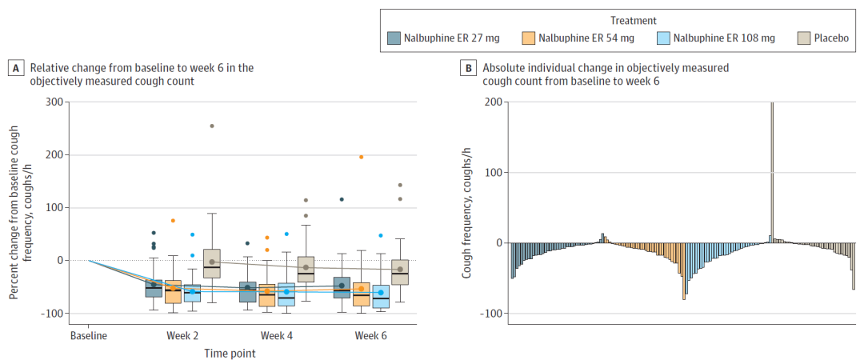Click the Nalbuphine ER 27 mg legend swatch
[x=394, y=38]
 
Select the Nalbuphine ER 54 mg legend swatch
[x=529, y=38]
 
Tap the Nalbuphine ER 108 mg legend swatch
[x=663, y=38]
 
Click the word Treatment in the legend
[x=633, y=20]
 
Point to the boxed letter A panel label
[x=16, y=68]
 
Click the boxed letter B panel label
[x=468, y=68]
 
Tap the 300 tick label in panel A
[x=54, y=102]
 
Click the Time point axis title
[x=230, y=352]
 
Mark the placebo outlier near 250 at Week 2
[x=212, y=126]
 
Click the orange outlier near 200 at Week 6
[x=362, y=157]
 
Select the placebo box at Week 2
[x=212, y=263]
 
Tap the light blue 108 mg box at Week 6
[x=381, y=297]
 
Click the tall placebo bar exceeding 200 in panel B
[x=772, y=172]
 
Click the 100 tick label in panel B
[x=494, y=173]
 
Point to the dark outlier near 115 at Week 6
[x=342, y=199]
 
